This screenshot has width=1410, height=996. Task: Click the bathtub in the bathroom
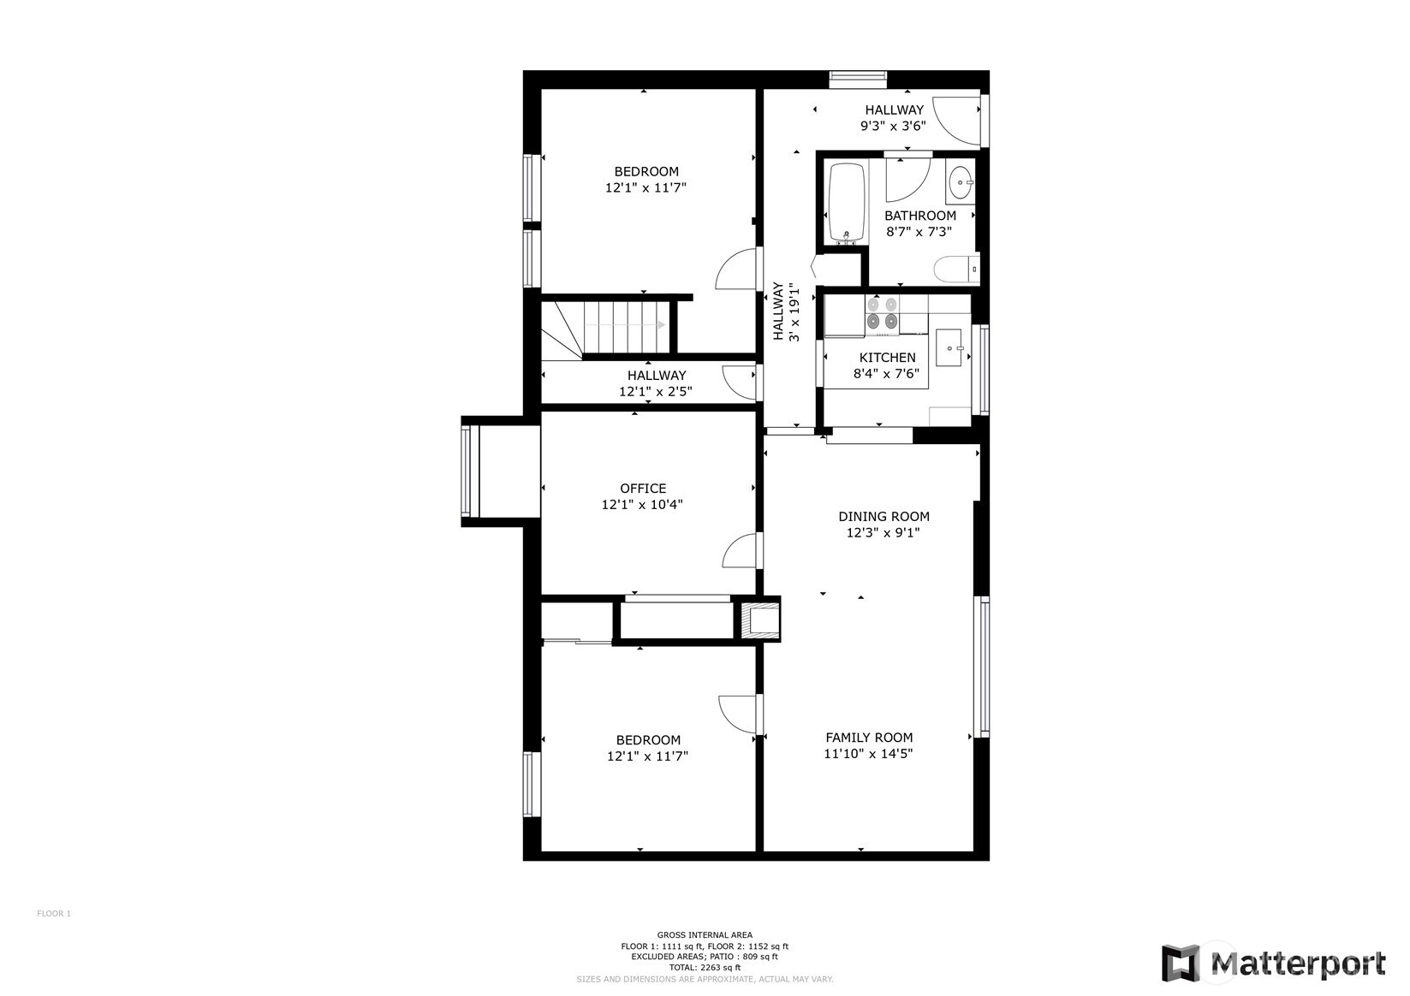(846, 203)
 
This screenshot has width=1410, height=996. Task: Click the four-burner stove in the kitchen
(882, 313)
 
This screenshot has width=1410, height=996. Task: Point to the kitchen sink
(949, 347)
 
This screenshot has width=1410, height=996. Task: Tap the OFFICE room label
(643, 489)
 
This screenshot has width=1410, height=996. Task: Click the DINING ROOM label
(883, 517)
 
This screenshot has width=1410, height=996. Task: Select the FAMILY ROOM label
(869, 738)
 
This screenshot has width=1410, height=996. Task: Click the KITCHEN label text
(887, 358)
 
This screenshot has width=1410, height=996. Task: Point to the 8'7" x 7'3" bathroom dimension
(919, 232)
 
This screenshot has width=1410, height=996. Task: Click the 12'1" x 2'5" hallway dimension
(655, 391)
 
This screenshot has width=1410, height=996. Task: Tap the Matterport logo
(1273, 964)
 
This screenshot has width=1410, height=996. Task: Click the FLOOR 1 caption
(54, 914)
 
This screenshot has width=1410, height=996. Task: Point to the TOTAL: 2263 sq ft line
(705, 968)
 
